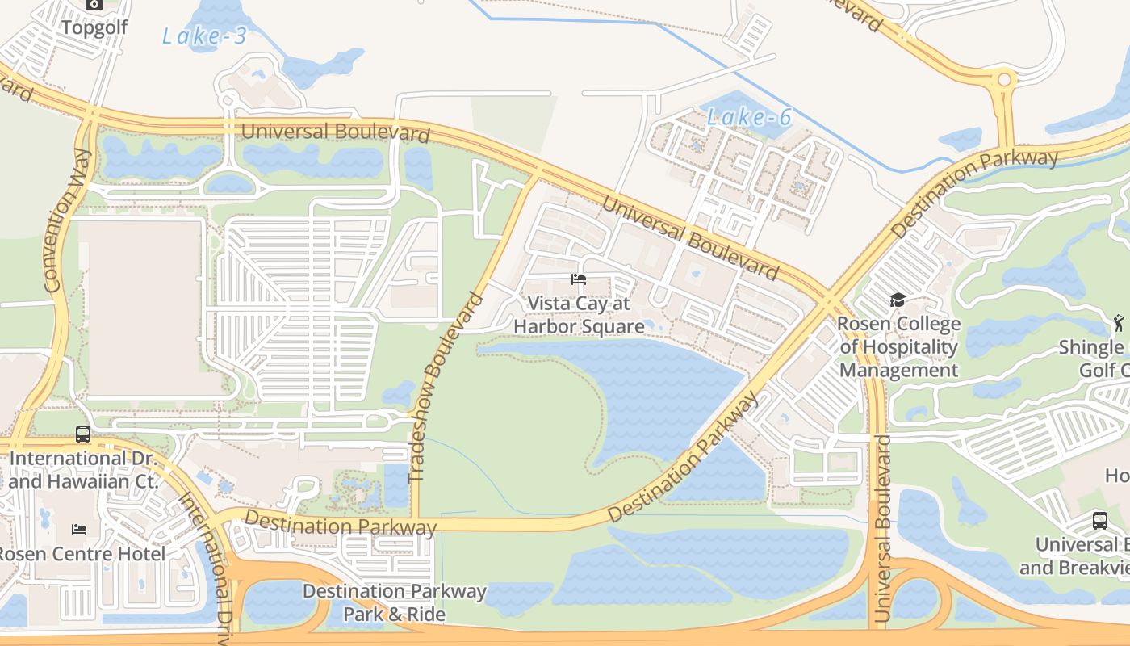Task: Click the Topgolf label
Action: click(94, 28)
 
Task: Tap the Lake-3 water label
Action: click(203, 36)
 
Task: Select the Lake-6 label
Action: click(748, 118)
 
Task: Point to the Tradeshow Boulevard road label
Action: click(446, 388)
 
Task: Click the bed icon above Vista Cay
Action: click(578, 279)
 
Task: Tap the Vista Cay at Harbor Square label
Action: click(579, 315)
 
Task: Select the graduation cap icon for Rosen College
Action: click(898, 300)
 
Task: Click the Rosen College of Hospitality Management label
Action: click(898, 347)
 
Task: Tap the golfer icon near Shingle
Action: click(1118, 323)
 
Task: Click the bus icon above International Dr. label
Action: click(83, 434)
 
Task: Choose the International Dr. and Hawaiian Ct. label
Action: click(81, 470)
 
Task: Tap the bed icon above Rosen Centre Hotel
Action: click(78, 530)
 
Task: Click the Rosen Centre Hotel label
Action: click(81, 554)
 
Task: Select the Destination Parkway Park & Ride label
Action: click(395, 602)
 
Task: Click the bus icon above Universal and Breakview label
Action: click(1100, 520)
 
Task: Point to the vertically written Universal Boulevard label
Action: click(882, 529)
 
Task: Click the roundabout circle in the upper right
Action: click(1004, 80)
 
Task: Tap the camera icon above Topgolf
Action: click(94, 4)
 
